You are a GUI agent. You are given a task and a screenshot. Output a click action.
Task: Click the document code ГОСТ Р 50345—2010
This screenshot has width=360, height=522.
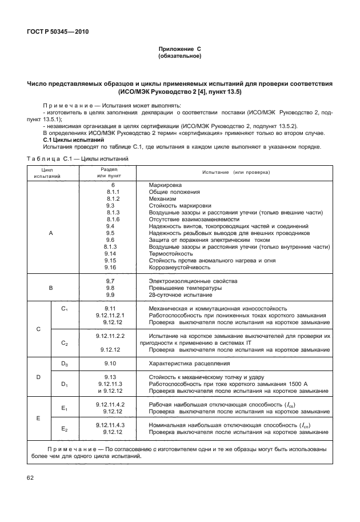(x=56, y=31)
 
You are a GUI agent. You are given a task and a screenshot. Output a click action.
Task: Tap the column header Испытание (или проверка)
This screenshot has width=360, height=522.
(x=236, y=172)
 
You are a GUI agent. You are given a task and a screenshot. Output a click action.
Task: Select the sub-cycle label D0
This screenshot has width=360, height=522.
(x=64, y=363)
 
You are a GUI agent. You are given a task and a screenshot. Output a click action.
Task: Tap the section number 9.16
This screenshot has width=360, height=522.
(x=110, y=267)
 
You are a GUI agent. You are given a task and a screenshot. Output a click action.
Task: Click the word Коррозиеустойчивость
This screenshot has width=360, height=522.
(x=181, y=267)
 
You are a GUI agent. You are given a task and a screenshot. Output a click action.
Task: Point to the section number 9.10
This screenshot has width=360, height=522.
(x=110, y=363)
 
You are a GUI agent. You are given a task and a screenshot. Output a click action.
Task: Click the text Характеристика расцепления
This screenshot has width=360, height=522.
(x=189, y=363)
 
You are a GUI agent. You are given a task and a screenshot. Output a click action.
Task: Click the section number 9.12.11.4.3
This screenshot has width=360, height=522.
(x=110, y=425)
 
